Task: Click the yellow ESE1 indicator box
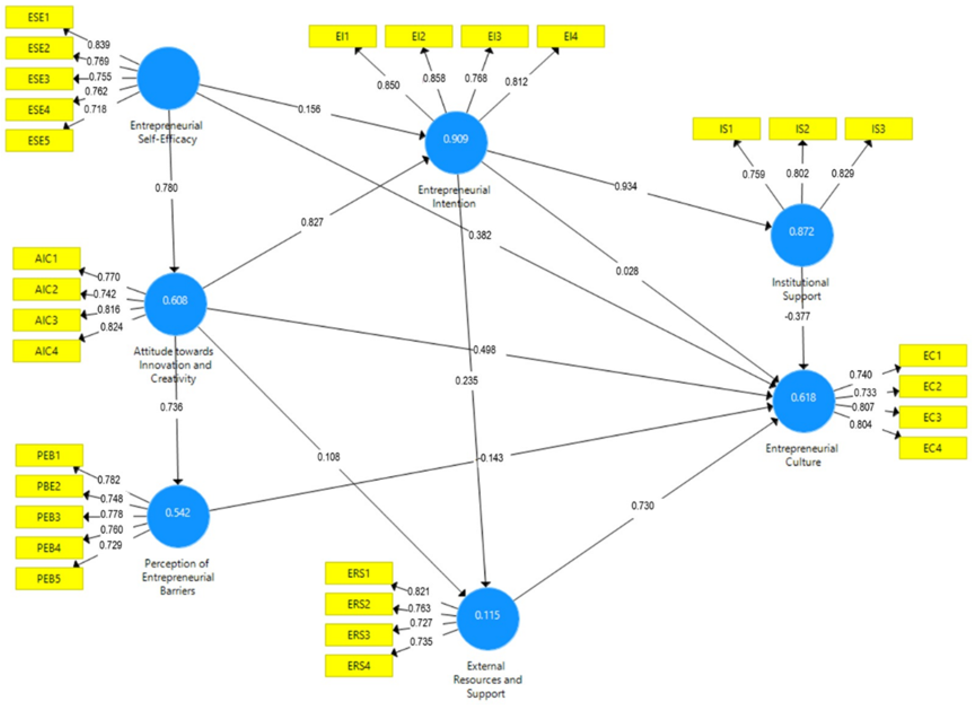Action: pos(39,17)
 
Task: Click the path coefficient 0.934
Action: pos(626,186)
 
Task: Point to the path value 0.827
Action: pos(312,222)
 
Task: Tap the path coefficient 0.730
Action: pos(642,506)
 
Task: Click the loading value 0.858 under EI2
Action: pos(434,78)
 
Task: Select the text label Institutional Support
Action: pos(800,289)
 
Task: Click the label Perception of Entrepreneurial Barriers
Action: pos(178,577)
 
